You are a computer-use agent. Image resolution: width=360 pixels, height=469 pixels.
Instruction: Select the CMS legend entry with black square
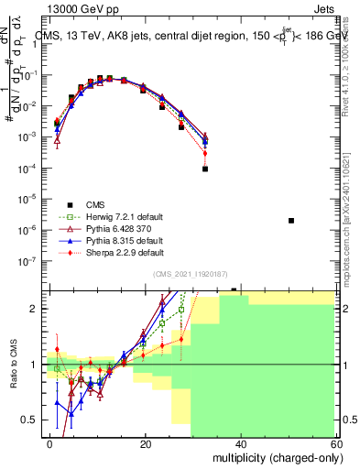click(96, 204)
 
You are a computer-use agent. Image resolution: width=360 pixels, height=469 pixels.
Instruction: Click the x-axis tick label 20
click(145, 443)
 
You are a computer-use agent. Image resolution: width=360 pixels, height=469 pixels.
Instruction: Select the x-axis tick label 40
click(240, 443)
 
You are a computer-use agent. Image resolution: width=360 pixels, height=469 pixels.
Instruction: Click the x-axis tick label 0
click(50, 443)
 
